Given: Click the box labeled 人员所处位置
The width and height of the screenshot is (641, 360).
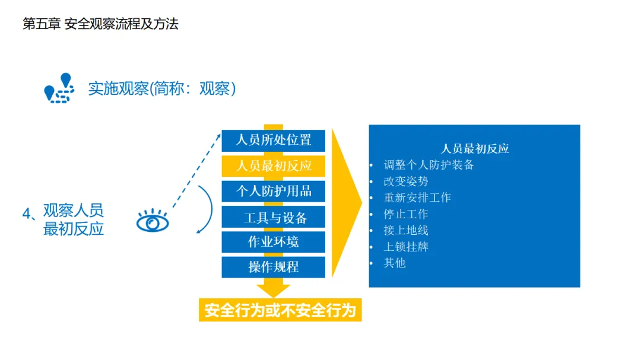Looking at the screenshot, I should click(x=274, y=141).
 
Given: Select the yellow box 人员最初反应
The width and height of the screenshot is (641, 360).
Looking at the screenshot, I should click(x=274, y=166).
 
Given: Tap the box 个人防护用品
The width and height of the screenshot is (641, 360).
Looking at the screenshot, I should click(x=274, y=192).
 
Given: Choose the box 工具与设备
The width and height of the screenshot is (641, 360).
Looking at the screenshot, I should click(x=274, y=217).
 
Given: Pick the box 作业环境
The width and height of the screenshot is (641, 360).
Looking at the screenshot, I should click(x=274, y=242).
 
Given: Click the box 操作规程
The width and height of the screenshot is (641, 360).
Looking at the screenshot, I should click(x=274, y=267).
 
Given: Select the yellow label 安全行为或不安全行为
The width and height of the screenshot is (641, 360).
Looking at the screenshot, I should click(x=280, y=311).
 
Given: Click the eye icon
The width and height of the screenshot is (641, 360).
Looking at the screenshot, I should click(x=153, y=222).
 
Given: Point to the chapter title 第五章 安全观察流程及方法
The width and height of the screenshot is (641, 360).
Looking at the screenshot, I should click(x=100, y=24).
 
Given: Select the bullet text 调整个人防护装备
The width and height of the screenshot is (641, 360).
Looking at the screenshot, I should click(x=429, y=165).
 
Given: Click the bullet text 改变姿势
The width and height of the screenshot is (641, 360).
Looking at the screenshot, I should click(x=406, y=181).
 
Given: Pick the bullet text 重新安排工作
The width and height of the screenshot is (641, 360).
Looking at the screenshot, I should click(x=417, y=197).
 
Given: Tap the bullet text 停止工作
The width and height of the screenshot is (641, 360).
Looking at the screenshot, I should click(x=406, y=214).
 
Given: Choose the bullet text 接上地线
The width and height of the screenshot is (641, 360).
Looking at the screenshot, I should click(x=406, y=230).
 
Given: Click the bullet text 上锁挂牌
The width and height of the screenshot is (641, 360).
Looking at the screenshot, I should click(x=406, y=247).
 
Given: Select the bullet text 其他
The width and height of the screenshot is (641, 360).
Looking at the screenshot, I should click(x=395, y=263).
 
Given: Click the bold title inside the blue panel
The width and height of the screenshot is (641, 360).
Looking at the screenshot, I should click(x=475, y=149).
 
